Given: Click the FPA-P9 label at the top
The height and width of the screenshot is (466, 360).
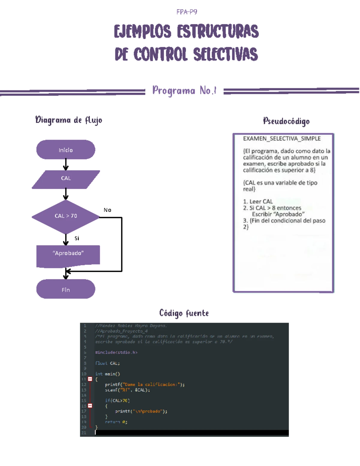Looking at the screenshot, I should (x=187, y=12).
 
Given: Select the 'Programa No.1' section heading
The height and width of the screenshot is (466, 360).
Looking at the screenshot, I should (x=184, y=90).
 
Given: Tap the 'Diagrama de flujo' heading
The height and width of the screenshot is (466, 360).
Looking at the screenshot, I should (x=69, y=120).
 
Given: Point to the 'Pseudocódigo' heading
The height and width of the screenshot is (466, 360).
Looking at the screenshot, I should (x=286, y=121).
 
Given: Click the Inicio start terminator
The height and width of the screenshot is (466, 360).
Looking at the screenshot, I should (x=66, y=150).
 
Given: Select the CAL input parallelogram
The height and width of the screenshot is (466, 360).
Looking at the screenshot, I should (x=66, y=178).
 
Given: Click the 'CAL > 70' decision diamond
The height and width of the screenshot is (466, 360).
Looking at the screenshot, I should (x=66, y=216).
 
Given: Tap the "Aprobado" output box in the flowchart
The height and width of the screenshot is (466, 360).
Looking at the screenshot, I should (x=68, y=254).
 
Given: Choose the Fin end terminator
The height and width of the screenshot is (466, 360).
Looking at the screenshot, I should (x=66, y=290).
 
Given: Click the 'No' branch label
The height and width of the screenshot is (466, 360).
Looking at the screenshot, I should (x=107, y=210).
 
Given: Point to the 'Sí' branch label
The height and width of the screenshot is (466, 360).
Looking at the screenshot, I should (x=77, y=238).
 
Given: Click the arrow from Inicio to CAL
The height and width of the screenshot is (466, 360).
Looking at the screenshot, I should (x=66, y=165).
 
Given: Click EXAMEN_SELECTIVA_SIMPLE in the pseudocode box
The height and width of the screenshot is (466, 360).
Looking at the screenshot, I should (x=282, y=139).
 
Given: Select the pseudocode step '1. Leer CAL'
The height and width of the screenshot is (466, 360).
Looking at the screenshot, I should (x=258, y=202).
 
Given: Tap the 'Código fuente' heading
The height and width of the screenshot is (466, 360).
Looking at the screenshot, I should (x=184, y=313).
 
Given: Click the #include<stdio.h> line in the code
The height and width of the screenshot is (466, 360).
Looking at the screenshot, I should (x=116, y=352).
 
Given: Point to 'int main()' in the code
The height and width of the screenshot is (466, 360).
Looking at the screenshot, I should (x=107, y=374).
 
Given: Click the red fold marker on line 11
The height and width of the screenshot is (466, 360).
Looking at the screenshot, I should (x=90, y=379).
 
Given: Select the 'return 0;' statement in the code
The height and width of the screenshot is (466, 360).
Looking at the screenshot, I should (x=116, y=422).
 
